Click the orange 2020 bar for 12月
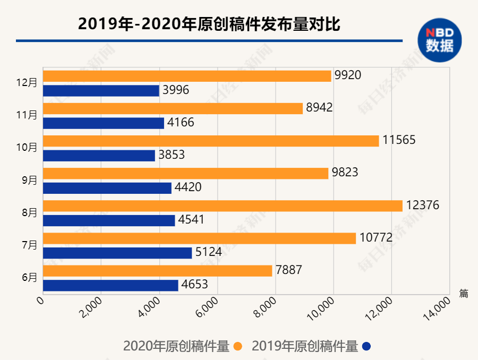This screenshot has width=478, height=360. tap(186, 75)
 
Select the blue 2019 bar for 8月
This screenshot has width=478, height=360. tap(108, 220)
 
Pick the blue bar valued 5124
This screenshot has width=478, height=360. tap(117, 253)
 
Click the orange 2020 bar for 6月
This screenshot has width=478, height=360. tap(157, 270)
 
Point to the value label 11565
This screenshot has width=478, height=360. tap(398, 140)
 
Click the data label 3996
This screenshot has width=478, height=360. tap(175, 90)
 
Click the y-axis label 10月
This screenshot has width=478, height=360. tap(27, 148)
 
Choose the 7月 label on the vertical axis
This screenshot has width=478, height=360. tap(29, 245)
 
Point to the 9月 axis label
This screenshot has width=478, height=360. tap(29, 180)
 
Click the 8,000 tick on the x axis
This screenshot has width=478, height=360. tap(269, 308)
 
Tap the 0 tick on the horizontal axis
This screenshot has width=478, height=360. tap(40, 299)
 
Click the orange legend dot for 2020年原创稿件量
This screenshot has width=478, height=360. tap(237, 347)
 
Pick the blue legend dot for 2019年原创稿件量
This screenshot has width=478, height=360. tap(366, 347)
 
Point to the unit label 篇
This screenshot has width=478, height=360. tap(463, 293)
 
